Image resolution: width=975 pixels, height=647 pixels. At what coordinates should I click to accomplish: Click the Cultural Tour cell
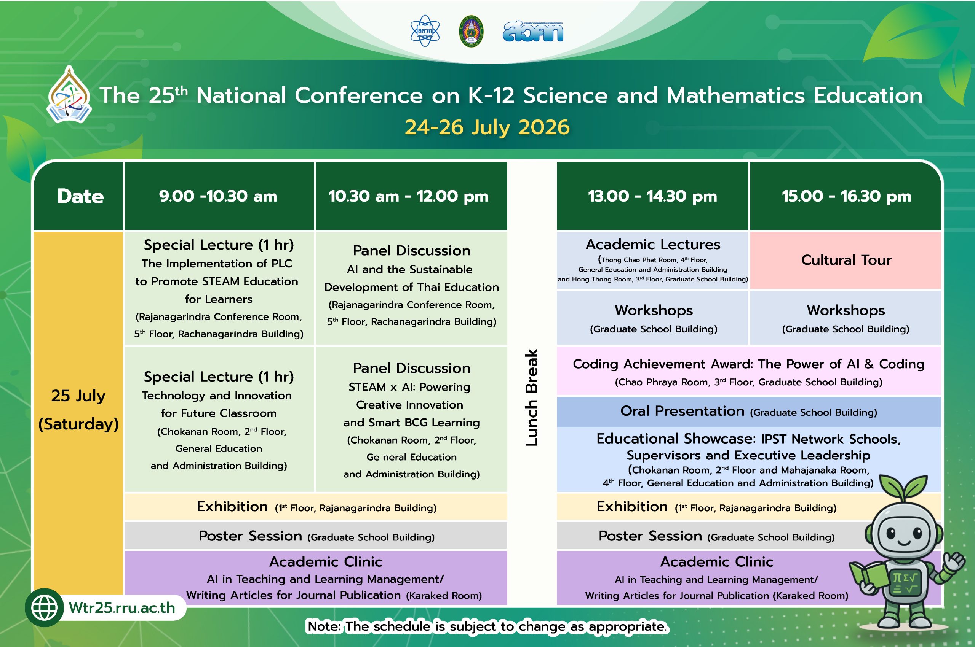[x=846, y=260]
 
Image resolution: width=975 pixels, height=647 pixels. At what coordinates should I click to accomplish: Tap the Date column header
[x=80, y=196]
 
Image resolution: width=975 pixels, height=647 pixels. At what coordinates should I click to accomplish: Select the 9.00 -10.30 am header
[x=218, y=196]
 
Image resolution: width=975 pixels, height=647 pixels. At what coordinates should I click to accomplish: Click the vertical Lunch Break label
[x=531, y=398]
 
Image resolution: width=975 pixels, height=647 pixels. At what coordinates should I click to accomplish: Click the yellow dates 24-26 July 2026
[x=487, y=127]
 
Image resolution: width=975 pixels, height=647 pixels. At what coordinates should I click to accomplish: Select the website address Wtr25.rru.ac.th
[x=122, y=608]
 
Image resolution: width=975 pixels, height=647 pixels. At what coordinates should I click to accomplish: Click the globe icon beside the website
[x=44, y=608]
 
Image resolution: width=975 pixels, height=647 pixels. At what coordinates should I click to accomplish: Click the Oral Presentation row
[x=749, y=412]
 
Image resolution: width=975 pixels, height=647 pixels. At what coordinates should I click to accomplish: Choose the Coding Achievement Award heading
[x=749, y=364]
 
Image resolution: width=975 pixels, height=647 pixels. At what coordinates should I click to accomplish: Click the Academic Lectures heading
[x=653, y=244]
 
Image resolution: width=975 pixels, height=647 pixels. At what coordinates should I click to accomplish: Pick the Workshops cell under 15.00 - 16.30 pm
[x=846, y=318]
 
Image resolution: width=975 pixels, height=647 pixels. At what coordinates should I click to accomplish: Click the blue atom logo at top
[x=425, y=31]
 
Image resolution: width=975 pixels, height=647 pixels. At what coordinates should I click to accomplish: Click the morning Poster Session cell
[x=316, y=536]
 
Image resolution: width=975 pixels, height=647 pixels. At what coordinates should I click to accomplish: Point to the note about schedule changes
[x=487, y=626]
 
